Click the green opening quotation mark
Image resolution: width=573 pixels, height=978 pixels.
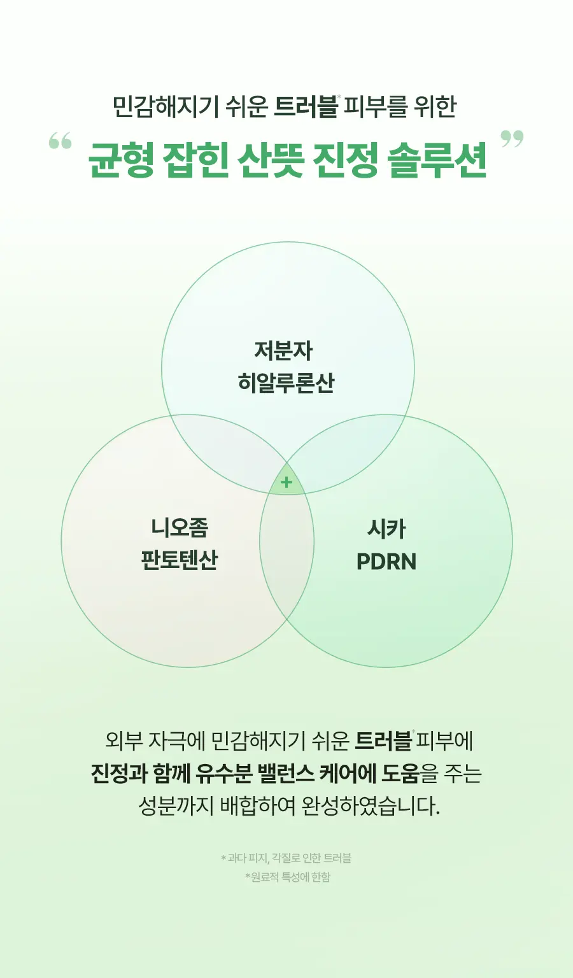pos(60,141)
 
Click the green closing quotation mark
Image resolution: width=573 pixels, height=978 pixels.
pos(512,138)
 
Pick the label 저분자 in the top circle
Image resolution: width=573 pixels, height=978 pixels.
pos(283,351)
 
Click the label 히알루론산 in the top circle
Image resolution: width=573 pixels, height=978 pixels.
pos(286,383)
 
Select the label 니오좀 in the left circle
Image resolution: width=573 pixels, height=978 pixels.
pos(180,527)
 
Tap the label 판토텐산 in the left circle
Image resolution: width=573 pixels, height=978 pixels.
pos(179,560)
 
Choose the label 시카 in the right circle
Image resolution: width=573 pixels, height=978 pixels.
pos(386,529)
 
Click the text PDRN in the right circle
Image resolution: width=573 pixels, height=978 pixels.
pos(386,562)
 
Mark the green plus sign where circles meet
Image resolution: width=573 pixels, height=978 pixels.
pos(286,483)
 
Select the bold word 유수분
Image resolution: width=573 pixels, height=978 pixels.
pos(223,773)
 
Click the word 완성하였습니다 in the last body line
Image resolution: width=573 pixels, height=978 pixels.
pos(371,807)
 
